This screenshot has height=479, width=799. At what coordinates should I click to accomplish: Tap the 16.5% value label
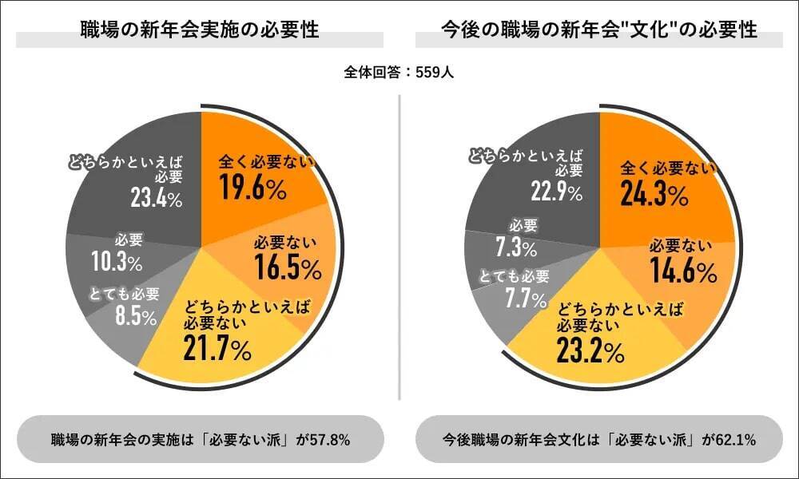(288, 269)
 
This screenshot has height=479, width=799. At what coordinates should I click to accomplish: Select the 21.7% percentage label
(218, 348)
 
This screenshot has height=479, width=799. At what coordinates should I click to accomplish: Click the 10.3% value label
(117, 262)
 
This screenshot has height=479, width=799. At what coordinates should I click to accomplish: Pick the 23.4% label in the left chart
(156, 198)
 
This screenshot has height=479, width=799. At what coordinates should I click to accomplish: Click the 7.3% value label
(515, 247)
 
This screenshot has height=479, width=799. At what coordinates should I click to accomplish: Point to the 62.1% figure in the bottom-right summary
(735, 439)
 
